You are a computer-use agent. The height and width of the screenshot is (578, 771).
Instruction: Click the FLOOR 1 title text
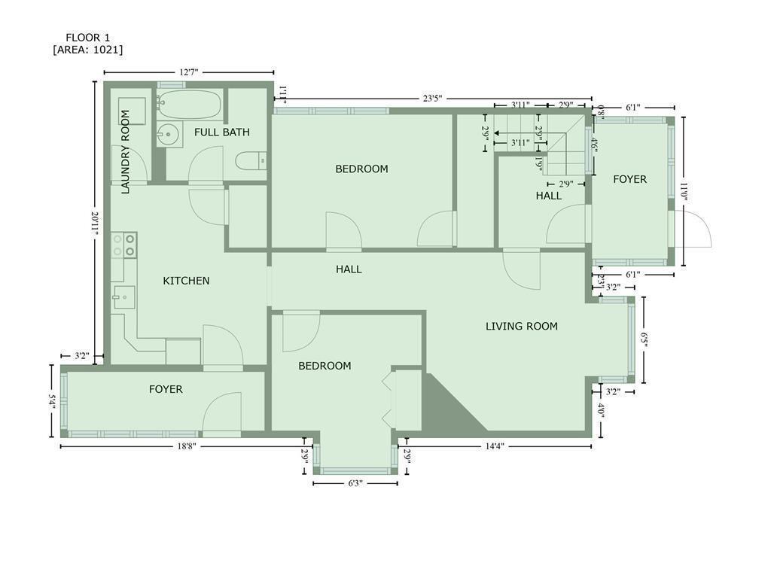(x=88, y=38)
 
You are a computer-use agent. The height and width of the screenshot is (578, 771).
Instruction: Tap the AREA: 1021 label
(x=88, y=50)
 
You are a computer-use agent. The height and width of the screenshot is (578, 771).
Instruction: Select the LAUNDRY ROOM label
(x=126, y=152)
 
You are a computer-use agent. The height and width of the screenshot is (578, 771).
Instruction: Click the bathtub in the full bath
(x=190, y=105)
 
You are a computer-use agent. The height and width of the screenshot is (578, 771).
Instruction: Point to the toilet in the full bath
(x=251, y=161)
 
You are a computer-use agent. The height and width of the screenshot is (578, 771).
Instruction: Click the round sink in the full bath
(x=169, y=134)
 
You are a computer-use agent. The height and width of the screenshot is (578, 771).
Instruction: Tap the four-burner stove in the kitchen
(x=124, y=245)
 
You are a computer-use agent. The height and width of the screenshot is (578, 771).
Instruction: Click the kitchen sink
(x=124, y=297)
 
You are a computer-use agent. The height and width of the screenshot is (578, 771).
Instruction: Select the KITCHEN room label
(x=187, y=281)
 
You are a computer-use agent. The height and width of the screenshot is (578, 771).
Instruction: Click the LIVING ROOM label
(x=522, y=327)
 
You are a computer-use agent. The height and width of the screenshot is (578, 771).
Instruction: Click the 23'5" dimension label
(x=433, y=99)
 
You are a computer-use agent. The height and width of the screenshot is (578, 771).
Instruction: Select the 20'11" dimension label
(x=95, y=224)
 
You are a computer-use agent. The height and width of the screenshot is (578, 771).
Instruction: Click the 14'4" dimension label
(x=495, y=446)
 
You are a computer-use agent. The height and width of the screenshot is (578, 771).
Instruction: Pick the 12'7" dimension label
(x=189, y=72)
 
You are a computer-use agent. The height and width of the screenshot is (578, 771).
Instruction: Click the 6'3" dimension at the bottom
(x=355, y=483)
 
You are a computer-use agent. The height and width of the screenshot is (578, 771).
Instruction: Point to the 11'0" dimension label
(x=683, y=193)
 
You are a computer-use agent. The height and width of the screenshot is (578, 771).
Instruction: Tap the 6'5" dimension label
(x=644, y=339)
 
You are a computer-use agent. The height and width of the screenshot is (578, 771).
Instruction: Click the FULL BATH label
(x=222, y=132)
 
